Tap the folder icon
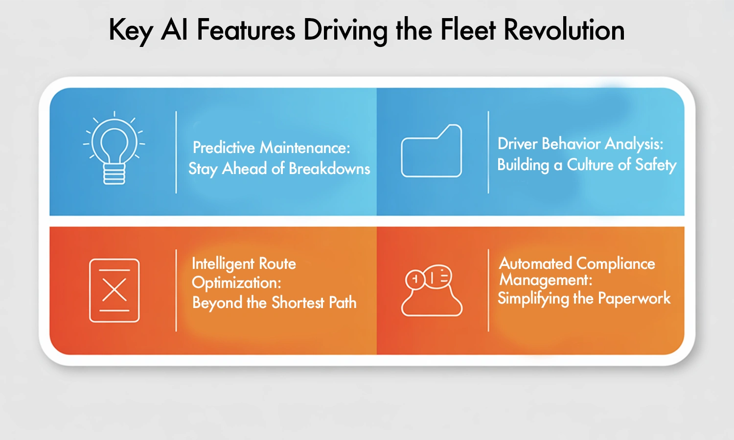(x=432, y=151)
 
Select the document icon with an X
(x=115, y=290)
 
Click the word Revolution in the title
(x=564, y=30)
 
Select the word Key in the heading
(x=131, y=31)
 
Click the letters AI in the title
(x=175, y=30)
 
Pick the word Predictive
(x=224, y=147)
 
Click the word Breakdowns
(x=329, y=169)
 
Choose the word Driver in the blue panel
(x=518, y=144)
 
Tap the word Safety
(x=656, y=165)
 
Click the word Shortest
(x=298, y=303)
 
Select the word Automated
(x=535, y=264)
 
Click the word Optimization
(x=235, y=283)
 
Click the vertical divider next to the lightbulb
(x=176, y=152)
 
